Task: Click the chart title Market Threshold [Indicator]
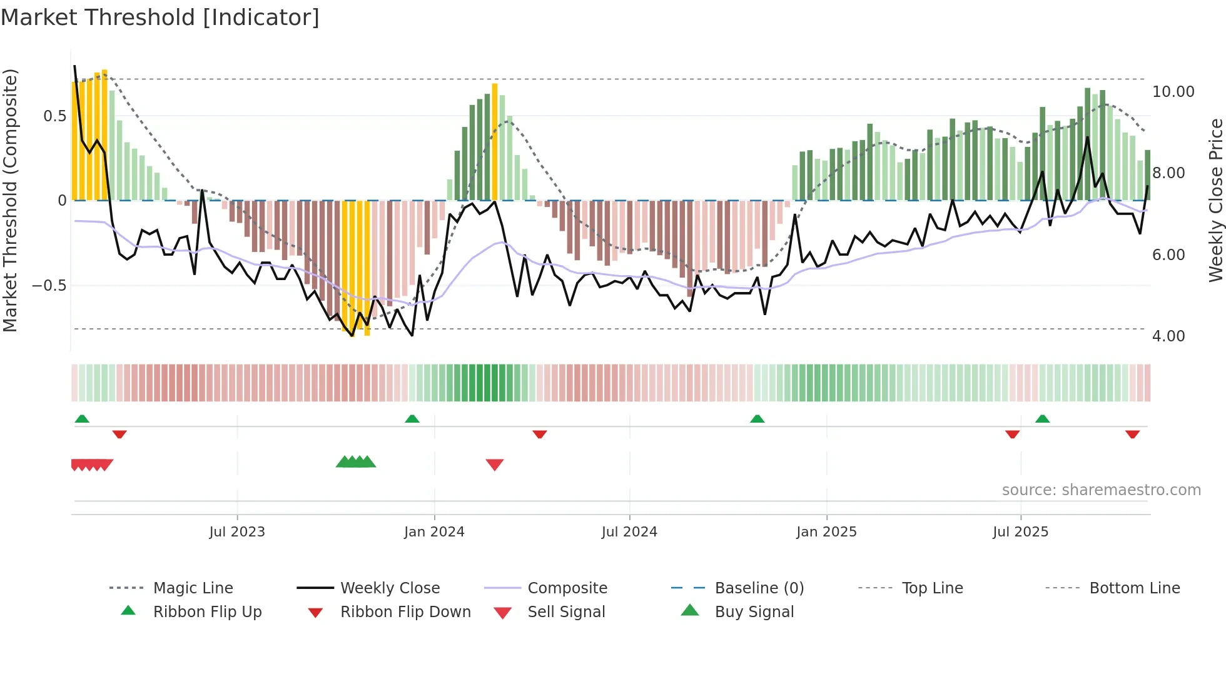160,18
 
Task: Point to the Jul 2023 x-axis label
237,532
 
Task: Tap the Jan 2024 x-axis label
434,532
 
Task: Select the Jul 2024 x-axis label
629,532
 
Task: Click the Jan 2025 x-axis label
826,532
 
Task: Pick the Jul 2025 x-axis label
1020,532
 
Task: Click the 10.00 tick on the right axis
1173,92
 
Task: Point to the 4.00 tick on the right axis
1168,336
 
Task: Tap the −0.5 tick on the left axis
49,286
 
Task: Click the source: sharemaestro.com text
1101,490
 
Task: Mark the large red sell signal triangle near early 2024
495,465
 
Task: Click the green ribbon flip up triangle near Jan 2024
412,419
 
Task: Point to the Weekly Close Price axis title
1215,200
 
